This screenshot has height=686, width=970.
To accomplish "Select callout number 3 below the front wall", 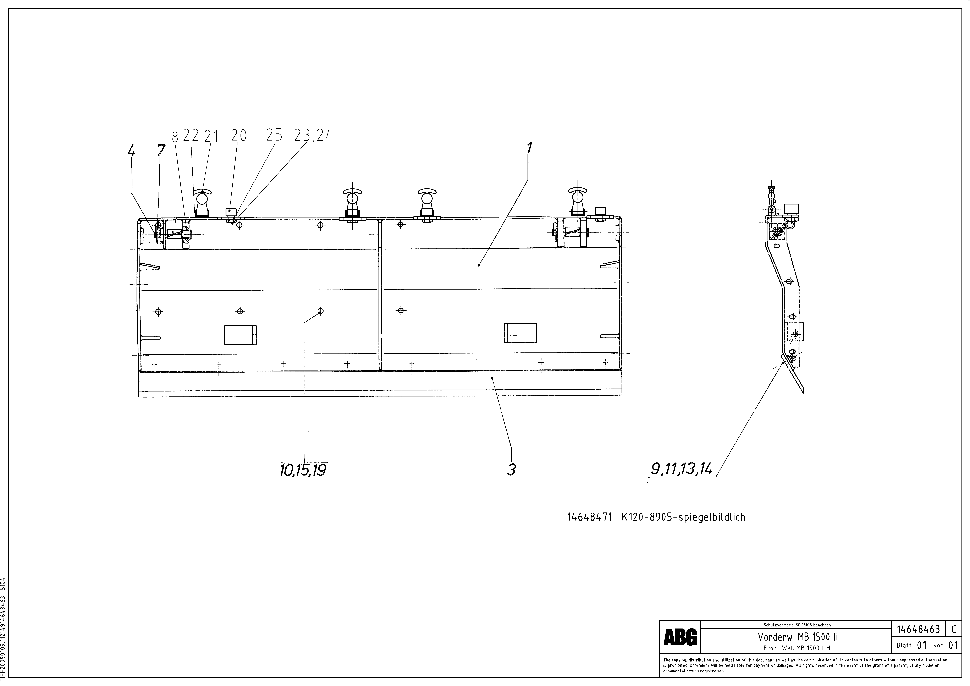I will point(511,469).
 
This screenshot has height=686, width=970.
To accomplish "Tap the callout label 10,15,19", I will point(303,470).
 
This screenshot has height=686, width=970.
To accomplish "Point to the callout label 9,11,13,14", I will point(681,468).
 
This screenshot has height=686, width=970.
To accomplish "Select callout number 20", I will point(239,136).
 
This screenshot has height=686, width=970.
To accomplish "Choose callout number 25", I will point(274,135).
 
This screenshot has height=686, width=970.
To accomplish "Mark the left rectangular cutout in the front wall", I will point(240,335).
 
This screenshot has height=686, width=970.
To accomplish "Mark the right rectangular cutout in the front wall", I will point(520,333).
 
